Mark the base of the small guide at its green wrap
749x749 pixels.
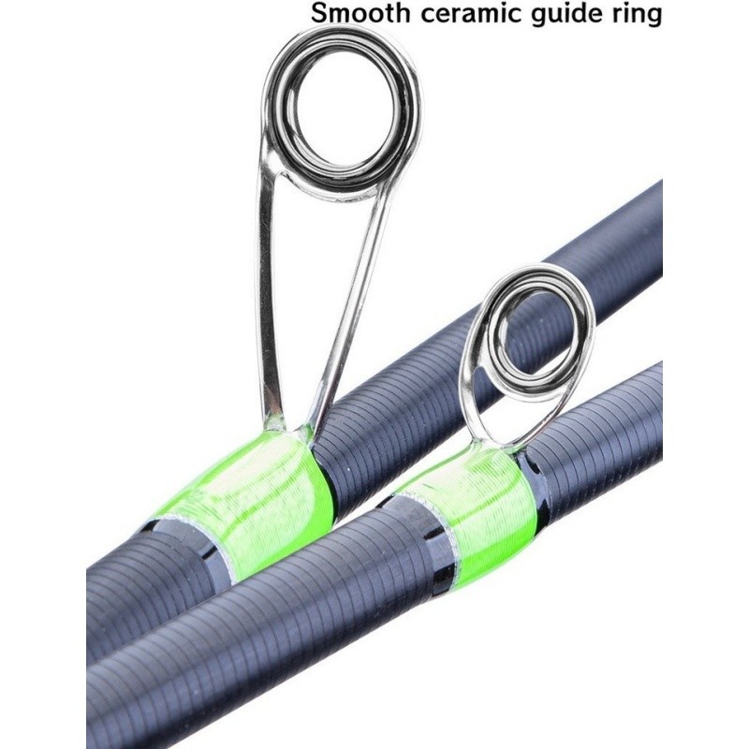point(497,447)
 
